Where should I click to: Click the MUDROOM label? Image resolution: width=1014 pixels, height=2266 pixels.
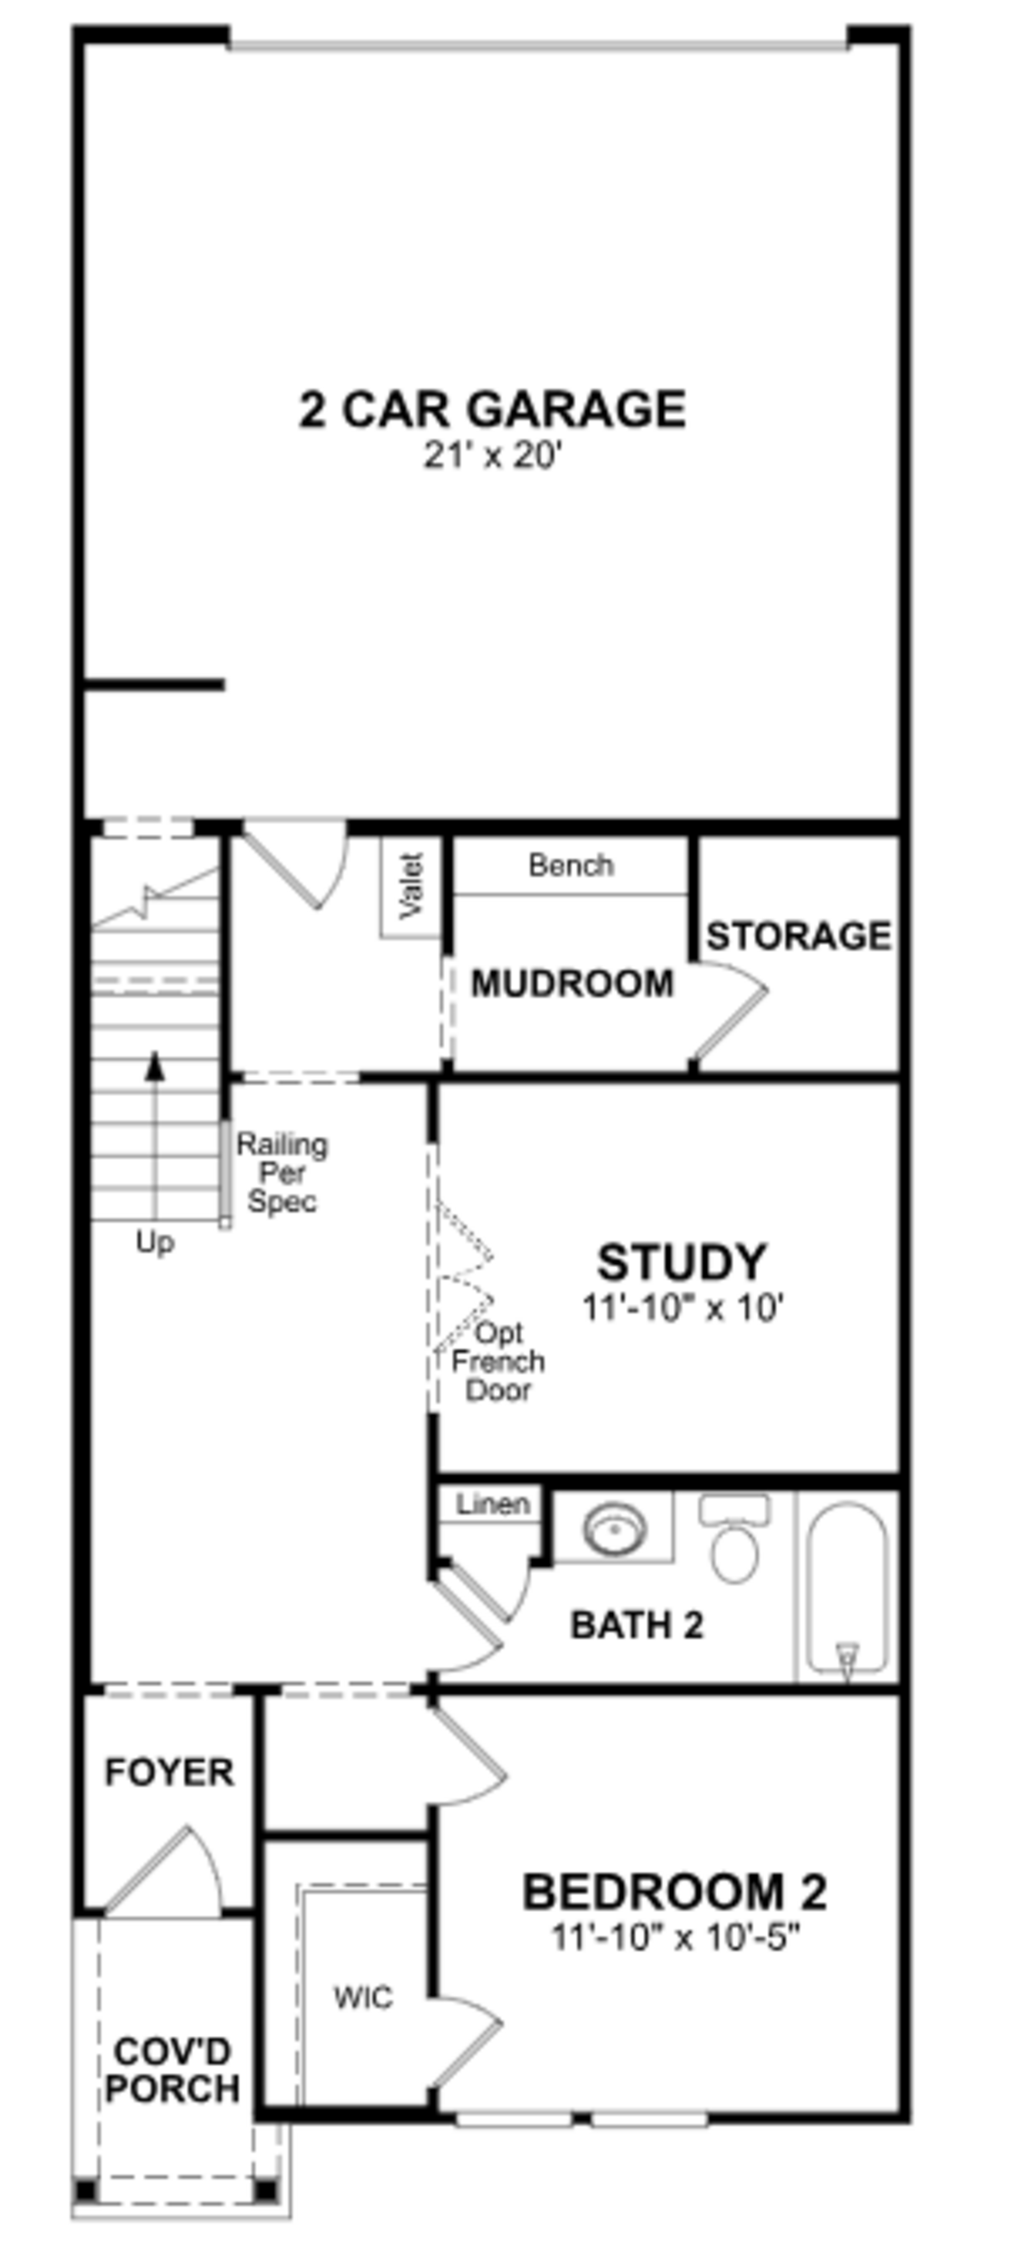572,984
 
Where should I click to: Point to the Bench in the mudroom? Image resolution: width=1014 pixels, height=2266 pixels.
570,866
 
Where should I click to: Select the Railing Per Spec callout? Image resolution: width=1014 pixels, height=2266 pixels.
281,1173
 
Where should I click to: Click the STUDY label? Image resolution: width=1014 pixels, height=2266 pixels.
682,1262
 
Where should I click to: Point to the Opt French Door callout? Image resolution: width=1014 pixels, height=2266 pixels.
498,1362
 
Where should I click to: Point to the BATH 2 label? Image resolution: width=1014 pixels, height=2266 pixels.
637,1624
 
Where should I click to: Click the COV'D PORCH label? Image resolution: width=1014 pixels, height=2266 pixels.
172,2070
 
